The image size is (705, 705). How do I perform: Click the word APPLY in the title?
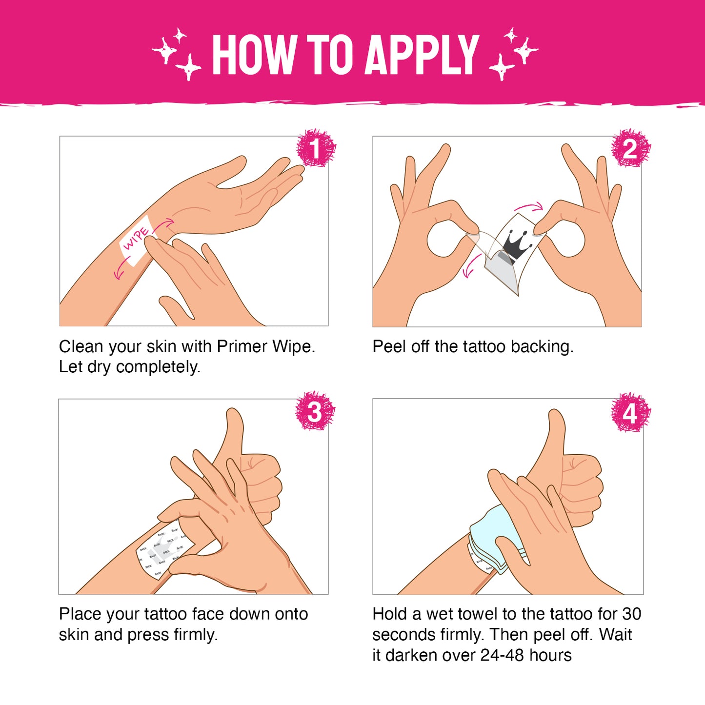[x=422, y=55]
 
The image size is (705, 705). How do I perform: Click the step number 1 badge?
[x=316, y=148]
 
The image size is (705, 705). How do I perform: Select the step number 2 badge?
[x=631, y=148]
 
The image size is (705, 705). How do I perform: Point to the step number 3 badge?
[x=315, y=411]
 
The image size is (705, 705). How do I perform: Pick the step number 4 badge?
[x=631, y=412]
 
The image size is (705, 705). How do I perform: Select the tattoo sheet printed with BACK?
[x=164, y=549]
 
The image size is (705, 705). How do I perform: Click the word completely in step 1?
[x=158, y=367]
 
